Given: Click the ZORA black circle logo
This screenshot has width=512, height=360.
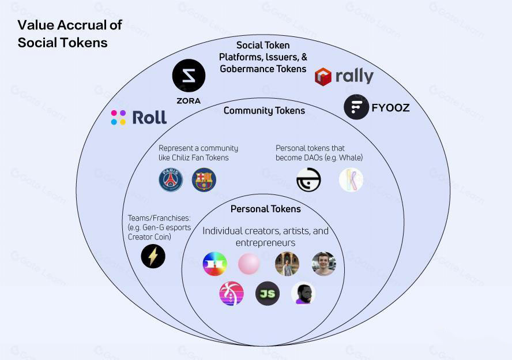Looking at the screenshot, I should coord(189,76).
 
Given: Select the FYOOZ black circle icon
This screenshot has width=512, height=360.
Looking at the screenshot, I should coord(356,107).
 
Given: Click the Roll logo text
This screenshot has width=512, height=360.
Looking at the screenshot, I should coord(149,117).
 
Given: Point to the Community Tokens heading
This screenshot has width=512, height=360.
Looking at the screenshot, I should coord(264,111).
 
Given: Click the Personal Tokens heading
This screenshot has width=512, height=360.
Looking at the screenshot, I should coord(265,209).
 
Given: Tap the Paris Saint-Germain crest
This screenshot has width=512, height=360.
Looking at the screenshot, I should coord(171,180).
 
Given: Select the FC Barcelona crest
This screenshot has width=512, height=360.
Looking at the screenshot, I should coord(204,180).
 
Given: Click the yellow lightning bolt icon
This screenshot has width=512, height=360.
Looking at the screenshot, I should coord(153,256).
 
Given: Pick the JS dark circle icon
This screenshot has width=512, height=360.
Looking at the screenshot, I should coord(268,294).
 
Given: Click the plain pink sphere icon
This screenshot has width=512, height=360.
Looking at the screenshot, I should coord(249,264).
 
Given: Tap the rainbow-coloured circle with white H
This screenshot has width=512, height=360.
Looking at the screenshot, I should coord(215,264).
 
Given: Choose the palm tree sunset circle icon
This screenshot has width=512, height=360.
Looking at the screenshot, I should coord(231,294).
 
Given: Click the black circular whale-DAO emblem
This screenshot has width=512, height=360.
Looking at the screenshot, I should coord(308,180).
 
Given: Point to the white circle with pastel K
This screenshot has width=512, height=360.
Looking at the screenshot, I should coord(351,180).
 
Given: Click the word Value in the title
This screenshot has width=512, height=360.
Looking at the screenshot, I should coord(33,25).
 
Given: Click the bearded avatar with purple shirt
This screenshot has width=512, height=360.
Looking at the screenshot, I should coord(303,294).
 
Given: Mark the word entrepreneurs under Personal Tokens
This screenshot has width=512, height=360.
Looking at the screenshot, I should coord(265,243).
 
